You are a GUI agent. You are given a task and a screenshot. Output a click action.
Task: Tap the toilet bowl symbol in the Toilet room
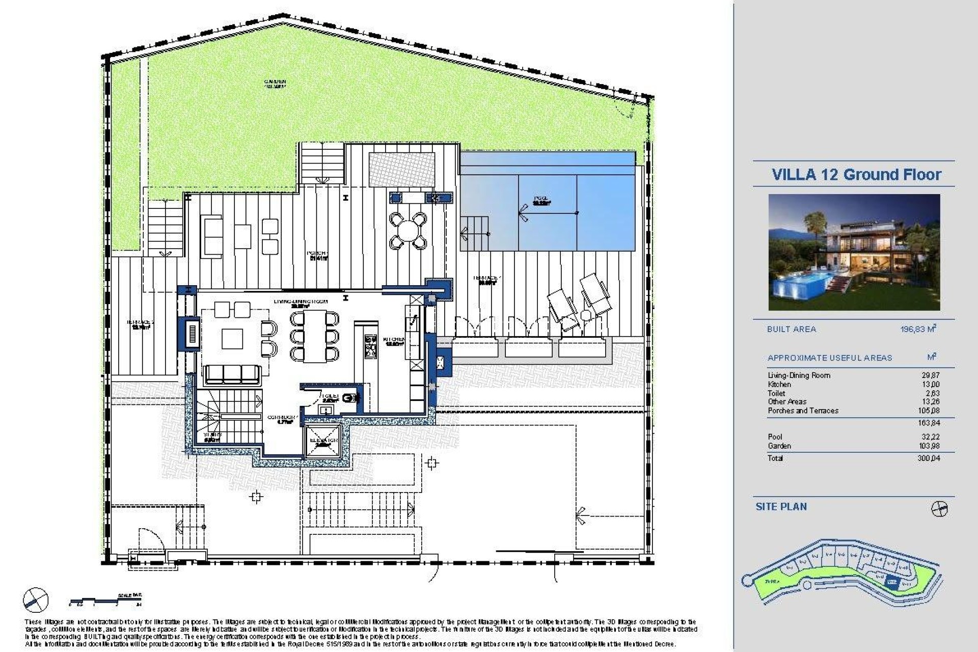(349, 398)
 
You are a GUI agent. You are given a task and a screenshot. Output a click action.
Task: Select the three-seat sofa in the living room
(232, 375)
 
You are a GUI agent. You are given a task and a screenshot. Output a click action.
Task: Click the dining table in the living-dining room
(314, 336)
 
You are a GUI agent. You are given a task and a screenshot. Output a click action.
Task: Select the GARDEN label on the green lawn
(275, 83)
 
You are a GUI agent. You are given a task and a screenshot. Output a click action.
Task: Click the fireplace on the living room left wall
(192, 335)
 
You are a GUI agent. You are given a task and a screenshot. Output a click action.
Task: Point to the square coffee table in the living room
(233, 339)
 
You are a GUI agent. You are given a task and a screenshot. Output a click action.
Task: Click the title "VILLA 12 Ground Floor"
(856, 174)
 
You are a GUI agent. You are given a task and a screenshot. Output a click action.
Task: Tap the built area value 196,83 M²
(918, 329)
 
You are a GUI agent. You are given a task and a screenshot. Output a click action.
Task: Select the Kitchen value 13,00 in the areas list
(931, 385)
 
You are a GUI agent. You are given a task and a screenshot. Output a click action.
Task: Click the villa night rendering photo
(854, 252)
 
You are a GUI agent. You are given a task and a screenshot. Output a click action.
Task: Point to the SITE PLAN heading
(781, 506)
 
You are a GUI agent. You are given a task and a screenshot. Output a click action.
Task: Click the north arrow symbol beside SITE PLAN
(939, 508)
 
